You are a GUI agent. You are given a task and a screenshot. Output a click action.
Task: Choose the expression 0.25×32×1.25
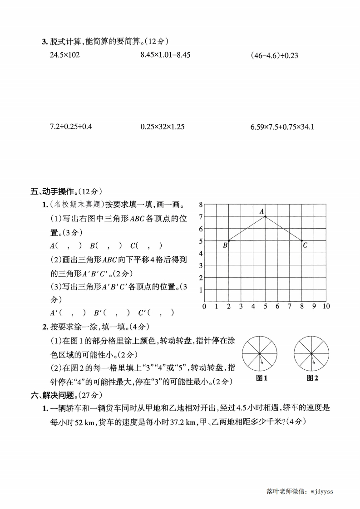click(163, 127)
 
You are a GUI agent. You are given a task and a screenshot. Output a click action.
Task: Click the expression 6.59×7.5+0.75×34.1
click(282, 127)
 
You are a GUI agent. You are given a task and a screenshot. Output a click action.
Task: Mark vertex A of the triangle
click(265, 216)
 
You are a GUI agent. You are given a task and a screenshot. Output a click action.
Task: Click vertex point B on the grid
click(228, 240)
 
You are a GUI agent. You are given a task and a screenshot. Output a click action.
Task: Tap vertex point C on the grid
click(302, 240)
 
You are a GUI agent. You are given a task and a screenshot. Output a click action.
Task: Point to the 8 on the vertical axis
click(200, 205)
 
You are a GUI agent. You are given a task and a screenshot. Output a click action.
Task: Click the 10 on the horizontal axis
click(326, 307)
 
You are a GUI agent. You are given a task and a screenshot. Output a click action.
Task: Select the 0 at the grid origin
click(204, 307)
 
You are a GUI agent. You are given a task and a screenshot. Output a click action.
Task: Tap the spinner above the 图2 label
click(311, 353)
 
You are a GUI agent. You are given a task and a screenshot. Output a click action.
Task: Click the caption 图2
click(312, 378)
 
